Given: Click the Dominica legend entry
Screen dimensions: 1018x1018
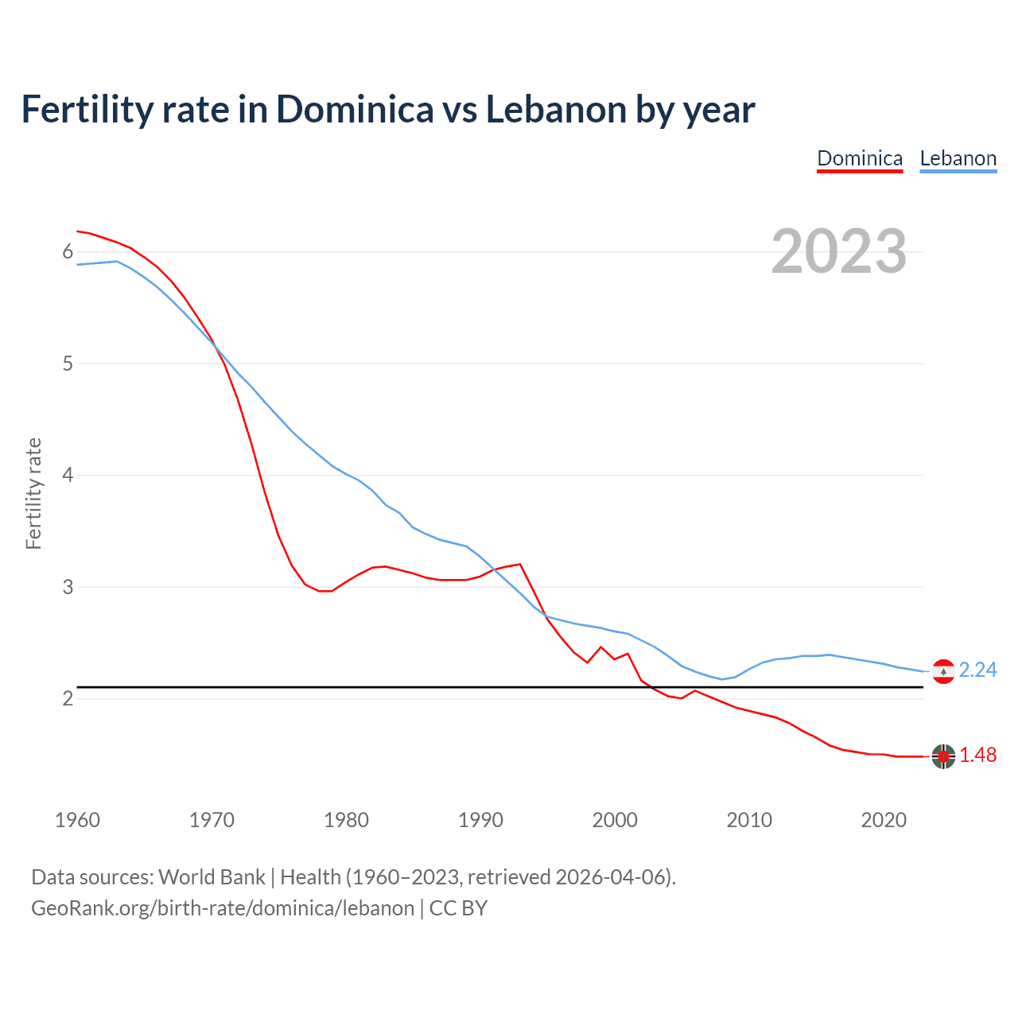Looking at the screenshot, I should coord(860,158).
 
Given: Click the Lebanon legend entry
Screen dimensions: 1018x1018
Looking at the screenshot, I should coord(958,158).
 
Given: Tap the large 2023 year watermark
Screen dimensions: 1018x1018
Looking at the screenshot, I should coord(839,251).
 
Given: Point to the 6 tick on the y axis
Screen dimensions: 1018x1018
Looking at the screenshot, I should coord(68,252).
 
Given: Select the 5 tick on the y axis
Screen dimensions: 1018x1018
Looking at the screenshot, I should coord(68,363).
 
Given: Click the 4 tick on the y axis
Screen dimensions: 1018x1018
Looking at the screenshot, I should coord(68,476).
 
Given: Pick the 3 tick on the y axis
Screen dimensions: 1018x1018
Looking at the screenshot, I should coord(68,587).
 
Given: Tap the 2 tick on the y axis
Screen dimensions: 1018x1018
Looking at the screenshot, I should coord(68,698).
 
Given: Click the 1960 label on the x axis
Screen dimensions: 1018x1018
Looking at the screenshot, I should coord(77,820).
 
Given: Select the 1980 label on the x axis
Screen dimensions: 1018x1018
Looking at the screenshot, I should coord(346,820).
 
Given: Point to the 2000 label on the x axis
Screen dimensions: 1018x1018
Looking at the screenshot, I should coord(615,820).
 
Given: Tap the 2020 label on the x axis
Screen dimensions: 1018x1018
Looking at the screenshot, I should coord(884,820).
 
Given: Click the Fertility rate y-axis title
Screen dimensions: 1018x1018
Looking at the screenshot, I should coord(33,493).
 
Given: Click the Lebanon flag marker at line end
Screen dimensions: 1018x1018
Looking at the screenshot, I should coord(943,672).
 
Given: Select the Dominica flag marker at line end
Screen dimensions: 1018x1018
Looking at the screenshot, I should coord(943,756).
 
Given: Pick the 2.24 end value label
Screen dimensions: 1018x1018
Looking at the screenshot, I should coord(977,670).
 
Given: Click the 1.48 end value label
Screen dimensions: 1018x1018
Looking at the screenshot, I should coord(977,755).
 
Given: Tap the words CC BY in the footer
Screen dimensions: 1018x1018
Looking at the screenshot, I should coord(458,908).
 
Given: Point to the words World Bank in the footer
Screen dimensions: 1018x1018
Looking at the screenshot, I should coord(212,877).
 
